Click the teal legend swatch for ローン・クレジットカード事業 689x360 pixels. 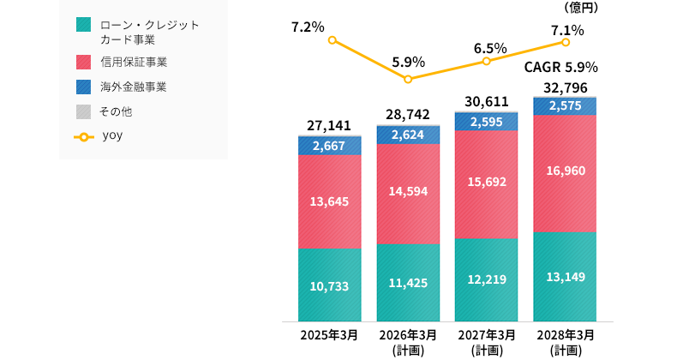[x=82, y=25]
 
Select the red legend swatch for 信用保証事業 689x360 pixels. [x=82, y=62]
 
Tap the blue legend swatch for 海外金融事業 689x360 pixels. [x=82, y=87]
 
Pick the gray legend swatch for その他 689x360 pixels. [x=82, y=111]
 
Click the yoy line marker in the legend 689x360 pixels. [x=83, y=135]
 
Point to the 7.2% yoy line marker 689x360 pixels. [x=332, y=40]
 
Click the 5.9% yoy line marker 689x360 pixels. [x=409, y=79]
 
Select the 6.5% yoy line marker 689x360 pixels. [x=487, y=61]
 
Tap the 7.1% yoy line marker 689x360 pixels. [x=566, y=41]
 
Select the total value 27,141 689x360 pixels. [x=329, y=126]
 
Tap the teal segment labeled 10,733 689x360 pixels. [x=329, y=285]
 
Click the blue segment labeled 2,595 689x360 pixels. [x=487, y=121]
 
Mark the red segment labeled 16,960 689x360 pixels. [x=565, y=172]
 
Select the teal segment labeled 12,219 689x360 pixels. [x=487, y=279]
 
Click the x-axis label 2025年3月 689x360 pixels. [x=329, y=334]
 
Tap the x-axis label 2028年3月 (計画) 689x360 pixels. [x=565, y=341]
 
